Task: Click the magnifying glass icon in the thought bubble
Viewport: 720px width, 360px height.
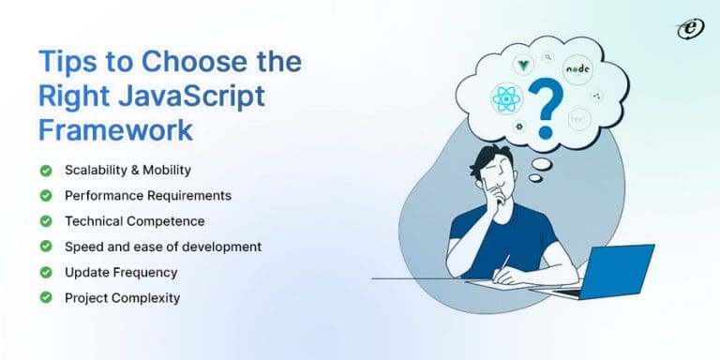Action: pos(548,55)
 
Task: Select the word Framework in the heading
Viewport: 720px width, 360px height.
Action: pos(114,128)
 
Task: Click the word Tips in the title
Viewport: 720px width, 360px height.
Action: pos(67,61)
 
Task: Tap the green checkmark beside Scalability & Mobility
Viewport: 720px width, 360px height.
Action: pos(45,171)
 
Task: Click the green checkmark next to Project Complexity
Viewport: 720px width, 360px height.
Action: pos(45,297)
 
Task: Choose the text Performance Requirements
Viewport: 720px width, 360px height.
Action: pos(147,196)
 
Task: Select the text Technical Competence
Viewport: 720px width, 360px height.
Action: pos(134,221)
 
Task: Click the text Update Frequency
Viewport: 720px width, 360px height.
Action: pos(121,272)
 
